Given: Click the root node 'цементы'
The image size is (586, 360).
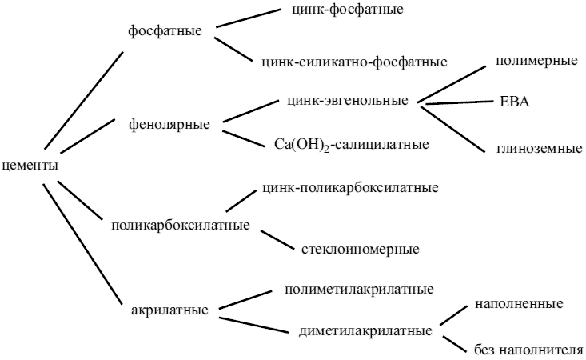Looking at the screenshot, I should (30, 166).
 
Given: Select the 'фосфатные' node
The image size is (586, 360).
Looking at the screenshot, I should (164, 30).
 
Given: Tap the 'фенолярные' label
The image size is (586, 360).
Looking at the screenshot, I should (169, 124).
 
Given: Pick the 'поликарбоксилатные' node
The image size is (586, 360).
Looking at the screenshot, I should (180, 224).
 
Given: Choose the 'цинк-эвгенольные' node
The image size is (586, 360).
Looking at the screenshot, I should (347, 101).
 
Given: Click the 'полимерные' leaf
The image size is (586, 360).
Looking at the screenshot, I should (536, 61).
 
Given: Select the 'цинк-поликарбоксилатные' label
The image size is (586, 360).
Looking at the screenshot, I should (349, 189).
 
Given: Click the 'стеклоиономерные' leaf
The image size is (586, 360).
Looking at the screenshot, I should (361, 249).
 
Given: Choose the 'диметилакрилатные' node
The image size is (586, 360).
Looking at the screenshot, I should (365, 330).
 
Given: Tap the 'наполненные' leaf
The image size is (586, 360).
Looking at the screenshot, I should (520, 304).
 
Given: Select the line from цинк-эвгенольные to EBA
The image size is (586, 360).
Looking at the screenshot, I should (456, 102).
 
